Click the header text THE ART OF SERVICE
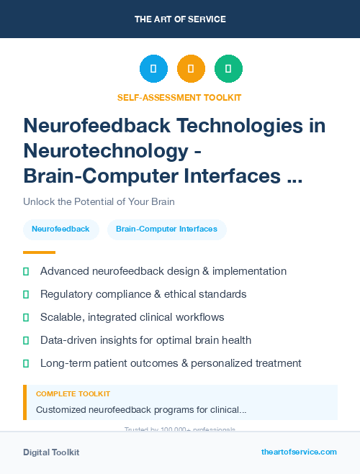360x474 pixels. point(180,19)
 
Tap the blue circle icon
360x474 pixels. point(153,69)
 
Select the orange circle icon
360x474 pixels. point(191,69)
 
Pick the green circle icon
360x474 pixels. point(228,69)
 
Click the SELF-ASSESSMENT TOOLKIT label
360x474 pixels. point(179,98)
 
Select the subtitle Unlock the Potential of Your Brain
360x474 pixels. point(99,202)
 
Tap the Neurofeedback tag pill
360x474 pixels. point(60,229)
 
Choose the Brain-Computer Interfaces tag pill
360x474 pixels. point(166,229)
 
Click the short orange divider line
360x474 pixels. point(39,252)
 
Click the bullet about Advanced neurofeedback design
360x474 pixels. point(163,271)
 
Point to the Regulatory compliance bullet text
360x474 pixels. point(143,294)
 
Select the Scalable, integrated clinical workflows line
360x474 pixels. point(132,317)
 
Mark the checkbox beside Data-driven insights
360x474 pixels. point(26,340)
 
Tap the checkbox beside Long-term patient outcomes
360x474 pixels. point(26,363)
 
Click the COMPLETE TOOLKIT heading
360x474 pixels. point(73,394)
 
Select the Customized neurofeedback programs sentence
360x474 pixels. point(141,410)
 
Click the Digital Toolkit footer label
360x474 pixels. point(51,452)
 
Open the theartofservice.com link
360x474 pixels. point(299,452)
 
